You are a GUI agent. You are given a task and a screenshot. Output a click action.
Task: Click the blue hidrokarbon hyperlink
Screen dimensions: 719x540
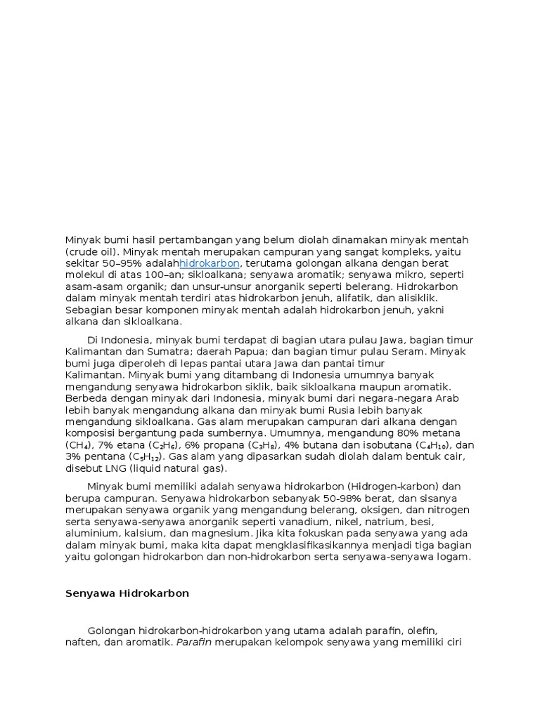pyautogui.click(x=210, y=263)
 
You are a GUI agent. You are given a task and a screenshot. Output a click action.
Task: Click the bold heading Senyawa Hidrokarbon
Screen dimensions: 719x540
pyautogui.click(x=127, y=593)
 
